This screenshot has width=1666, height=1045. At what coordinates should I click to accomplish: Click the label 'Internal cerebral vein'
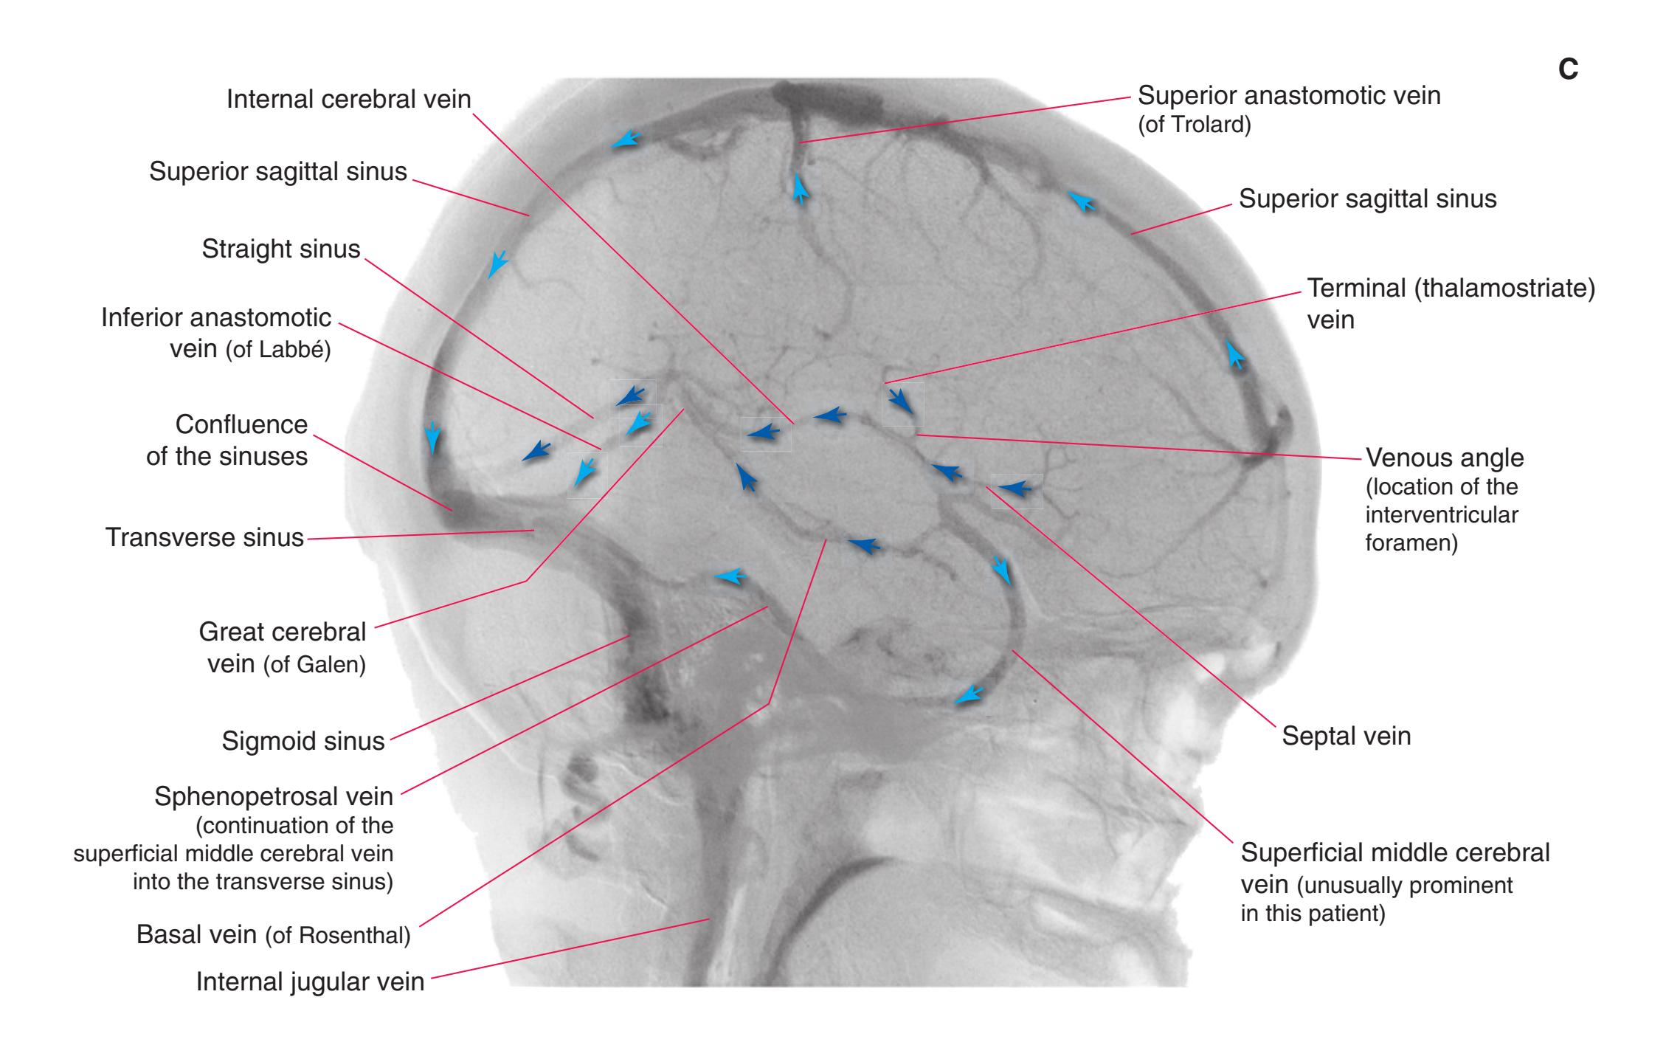pyautogui.click(x=348, y=99)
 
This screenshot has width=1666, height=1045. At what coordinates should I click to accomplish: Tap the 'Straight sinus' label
pyautogui.click(x=281, y=249)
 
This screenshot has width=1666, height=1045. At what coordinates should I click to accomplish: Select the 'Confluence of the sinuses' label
pyautogui.click(x=227, y=441)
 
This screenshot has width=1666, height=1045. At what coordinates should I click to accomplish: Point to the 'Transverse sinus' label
pyautogui.click(x=204, y=537)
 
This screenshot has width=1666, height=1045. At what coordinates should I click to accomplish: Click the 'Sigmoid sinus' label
pyautogui.click(x=303, y=741)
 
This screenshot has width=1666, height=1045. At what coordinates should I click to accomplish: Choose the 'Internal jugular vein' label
pyautogui.click(x=310, y=982)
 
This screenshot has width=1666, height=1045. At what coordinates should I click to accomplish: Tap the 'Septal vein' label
pyautogui.click(x=1346, y=736)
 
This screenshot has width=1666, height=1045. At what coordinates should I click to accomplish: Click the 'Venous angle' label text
pyautogui.click(x=1445, y=458)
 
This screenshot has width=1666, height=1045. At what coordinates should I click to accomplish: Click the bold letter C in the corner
pyautogui.click(x=1568, y=69)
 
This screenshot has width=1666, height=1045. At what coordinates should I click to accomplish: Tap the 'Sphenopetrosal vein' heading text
pyautogui.click(x=274, y=797)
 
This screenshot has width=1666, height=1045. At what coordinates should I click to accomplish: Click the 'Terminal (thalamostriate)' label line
pyautogui.click(x=1451, y=288)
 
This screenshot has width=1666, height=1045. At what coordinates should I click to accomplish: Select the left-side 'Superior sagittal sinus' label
pyautogui.click(x=278, y=171)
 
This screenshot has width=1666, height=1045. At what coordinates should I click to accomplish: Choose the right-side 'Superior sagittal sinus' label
pyautogui.click(x=1367, y=199)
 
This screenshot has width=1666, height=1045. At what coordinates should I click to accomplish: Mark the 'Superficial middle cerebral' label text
pyautogui.click(x=1395, y=852)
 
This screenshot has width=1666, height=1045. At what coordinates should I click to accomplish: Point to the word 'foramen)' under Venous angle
pyautogui.click(x=1411, y=543)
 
